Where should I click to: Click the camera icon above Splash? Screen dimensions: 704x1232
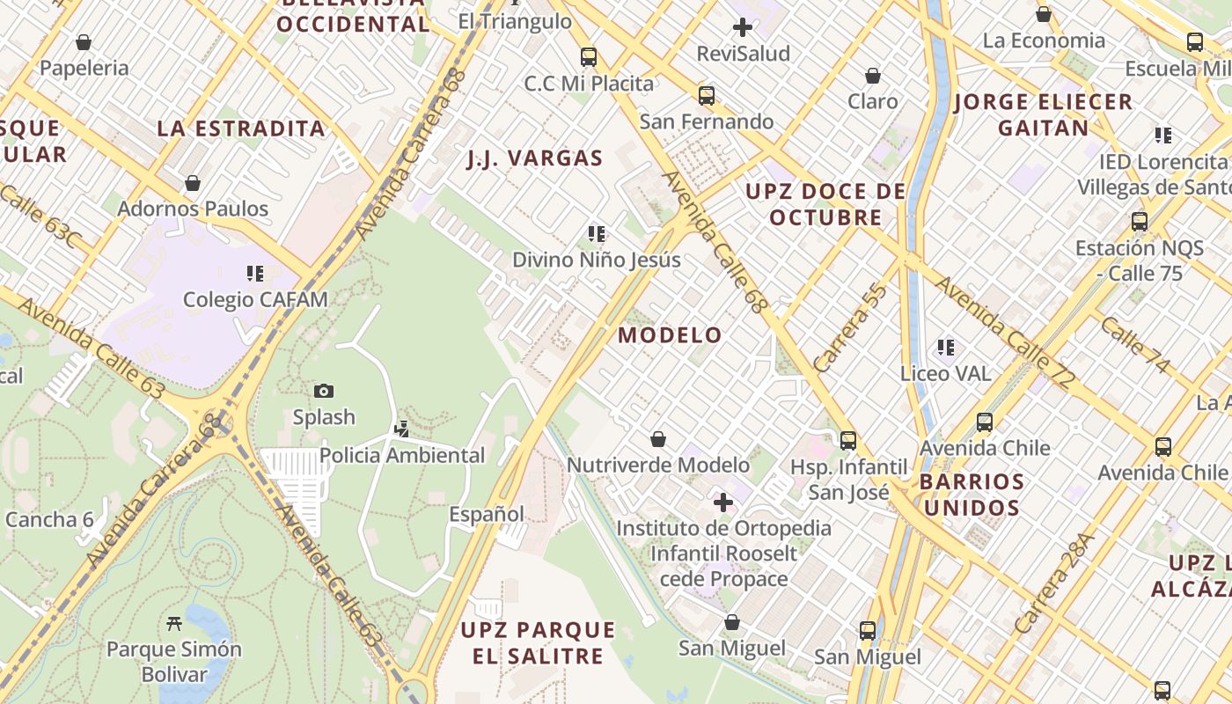(x=324, y=392)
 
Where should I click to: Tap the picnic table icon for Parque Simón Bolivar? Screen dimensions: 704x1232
(x=174, y=624)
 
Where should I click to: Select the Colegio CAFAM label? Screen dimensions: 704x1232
(x=255, y=300)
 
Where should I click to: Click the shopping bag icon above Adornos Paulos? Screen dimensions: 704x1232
(x=193, y=183)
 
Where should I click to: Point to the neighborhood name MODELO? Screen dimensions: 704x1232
(x=670, y=335)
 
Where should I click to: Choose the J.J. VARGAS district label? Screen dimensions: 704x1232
(x=534, y=159)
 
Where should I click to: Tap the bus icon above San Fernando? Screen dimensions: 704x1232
(x=707, y=96)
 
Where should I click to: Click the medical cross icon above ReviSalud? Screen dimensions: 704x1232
(x=743, y=27)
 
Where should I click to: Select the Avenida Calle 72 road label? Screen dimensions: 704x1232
(x=1005, y=334)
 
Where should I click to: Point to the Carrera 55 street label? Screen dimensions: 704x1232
(x=850, y=328)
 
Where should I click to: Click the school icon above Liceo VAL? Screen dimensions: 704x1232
(x=946, y=348)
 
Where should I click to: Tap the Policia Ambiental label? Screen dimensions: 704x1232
(x=402, y=455)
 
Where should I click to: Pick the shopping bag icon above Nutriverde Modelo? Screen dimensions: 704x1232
(x=657, y=439)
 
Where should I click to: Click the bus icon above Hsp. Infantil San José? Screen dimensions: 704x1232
(x=848, y=441)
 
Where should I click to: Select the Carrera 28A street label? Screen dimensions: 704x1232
(x=1053, y=584)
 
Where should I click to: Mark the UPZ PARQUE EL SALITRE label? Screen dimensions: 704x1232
(x=538, y=643)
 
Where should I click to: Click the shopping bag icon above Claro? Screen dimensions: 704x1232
(x=873, y=77)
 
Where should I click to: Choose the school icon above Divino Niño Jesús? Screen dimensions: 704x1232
(x=597, y=234)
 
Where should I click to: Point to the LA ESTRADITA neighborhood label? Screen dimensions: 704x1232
(x=241, y=128)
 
